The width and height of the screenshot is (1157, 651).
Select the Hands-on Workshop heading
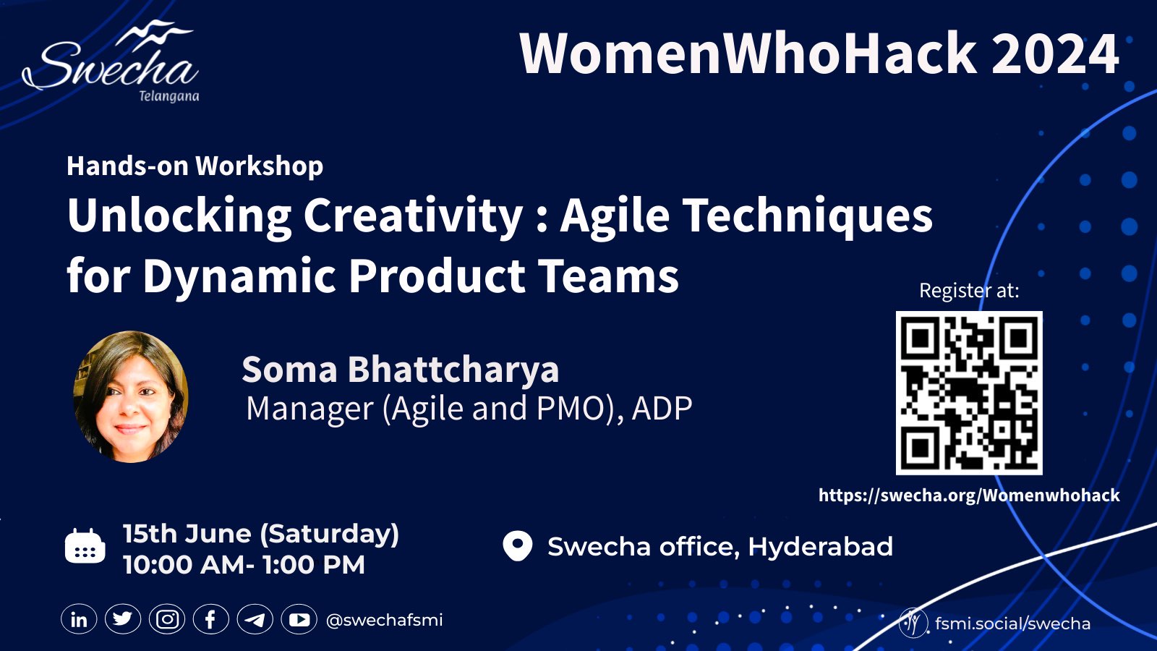[x=195, y=166]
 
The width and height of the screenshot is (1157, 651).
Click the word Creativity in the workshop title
[x=413, y=216]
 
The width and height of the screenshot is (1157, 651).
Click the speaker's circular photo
[x=131, y=396]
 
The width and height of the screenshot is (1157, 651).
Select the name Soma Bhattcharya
[x=400, y=370]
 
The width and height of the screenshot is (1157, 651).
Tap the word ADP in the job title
[x=662, y=409]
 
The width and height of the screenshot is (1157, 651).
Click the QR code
[x=969, y=393]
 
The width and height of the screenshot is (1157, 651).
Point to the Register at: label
[x=969, y=291]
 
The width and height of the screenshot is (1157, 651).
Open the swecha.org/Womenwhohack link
[x=969, y=495]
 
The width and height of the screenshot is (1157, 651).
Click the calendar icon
[x=85, y=546]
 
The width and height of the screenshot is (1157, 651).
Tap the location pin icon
[x=517, y=546]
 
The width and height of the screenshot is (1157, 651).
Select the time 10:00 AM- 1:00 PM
[x=244, y=565]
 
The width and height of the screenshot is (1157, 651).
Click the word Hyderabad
[x=820, y=547]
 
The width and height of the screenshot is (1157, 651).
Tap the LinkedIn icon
[x=79, y=620]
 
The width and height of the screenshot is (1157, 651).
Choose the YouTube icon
[x=299, y=620]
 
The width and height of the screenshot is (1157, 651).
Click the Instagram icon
[x=167, y=620]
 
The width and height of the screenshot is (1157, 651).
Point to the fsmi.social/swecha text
[x=1012, y=624]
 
